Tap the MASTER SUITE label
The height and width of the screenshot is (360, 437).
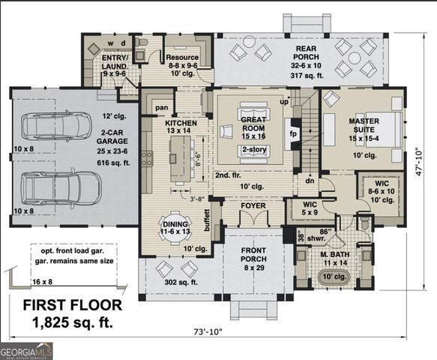tap(363, 126)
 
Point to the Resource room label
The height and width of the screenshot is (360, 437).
tap(182, 58)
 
